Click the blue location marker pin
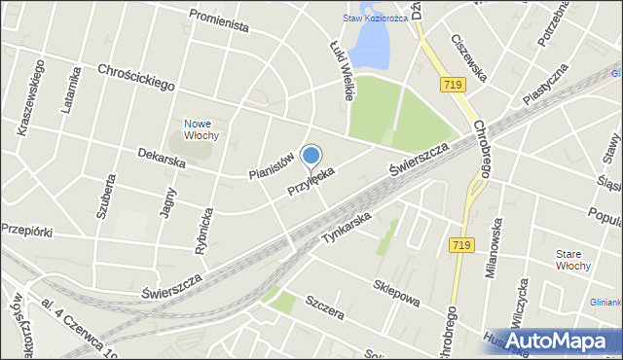pyautogui.click(x=311, y=157)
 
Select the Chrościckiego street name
pyautogui.click(x=135, y=78)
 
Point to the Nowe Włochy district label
pyautogui.click(x=202, y=129)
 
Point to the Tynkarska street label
pyautogui.click(x=348, y=227)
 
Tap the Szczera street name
pyautogui.click(x=324, y=309)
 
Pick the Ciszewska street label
pyautogui.click(x=470, y=57)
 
